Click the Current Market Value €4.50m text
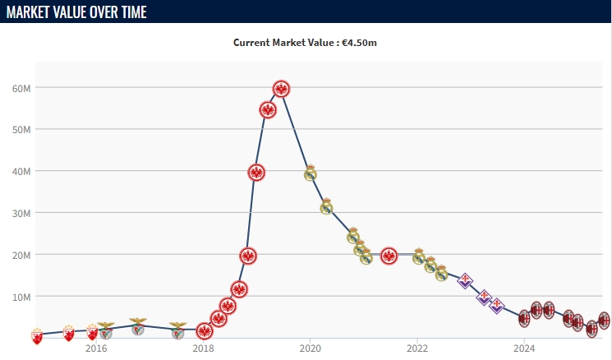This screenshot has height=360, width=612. coord(305,43)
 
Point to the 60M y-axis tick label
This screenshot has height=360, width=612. coord(21,88)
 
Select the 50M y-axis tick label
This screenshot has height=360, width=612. coord(21,130)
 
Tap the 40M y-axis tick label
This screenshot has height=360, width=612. coord(21,171)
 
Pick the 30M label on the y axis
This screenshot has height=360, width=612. coord(21,213)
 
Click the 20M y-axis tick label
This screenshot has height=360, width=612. coord(21,255)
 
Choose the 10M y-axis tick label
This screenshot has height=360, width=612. coord(21,296)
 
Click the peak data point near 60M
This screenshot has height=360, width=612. coord(281,89)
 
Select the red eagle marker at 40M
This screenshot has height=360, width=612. coord(256,172)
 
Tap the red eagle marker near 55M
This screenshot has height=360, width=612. coord(268,109)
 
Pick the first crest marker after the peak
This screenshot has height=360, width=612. coord(310,173)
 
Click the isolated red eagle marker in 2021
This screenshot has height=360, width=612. coord(389,256)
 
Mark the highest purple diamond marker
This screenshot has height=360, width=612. coord(465,280)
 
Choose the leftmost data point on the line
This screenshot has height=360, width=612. coord(37,335)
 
